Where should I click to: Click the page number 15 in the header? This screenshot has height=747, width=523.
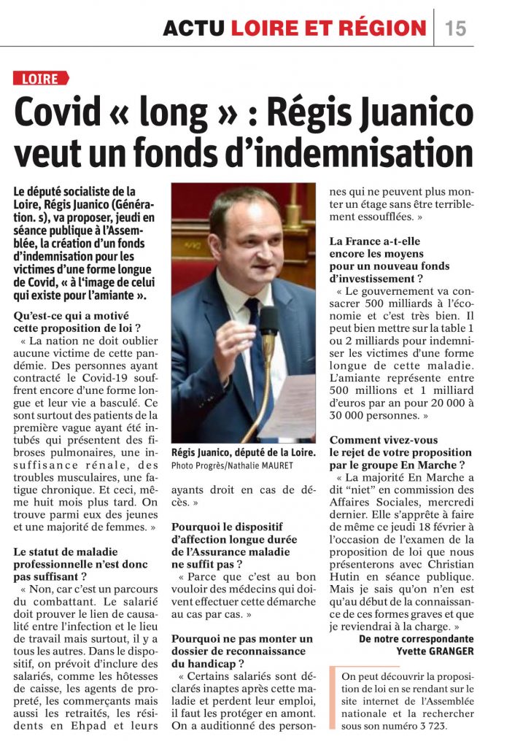point(455,28)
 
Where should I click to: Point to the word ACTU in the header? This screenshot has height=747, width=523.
point(193,28)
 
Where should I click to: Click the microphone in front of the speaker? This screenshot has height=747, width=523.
point(268,320)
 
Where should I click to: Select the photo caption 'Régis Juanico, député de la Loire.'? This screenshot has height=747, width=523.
point(244,452)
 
